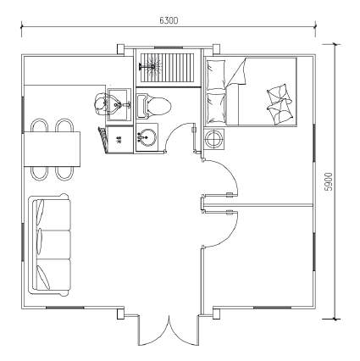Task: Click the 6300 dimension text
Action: [x=168, y=19]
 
